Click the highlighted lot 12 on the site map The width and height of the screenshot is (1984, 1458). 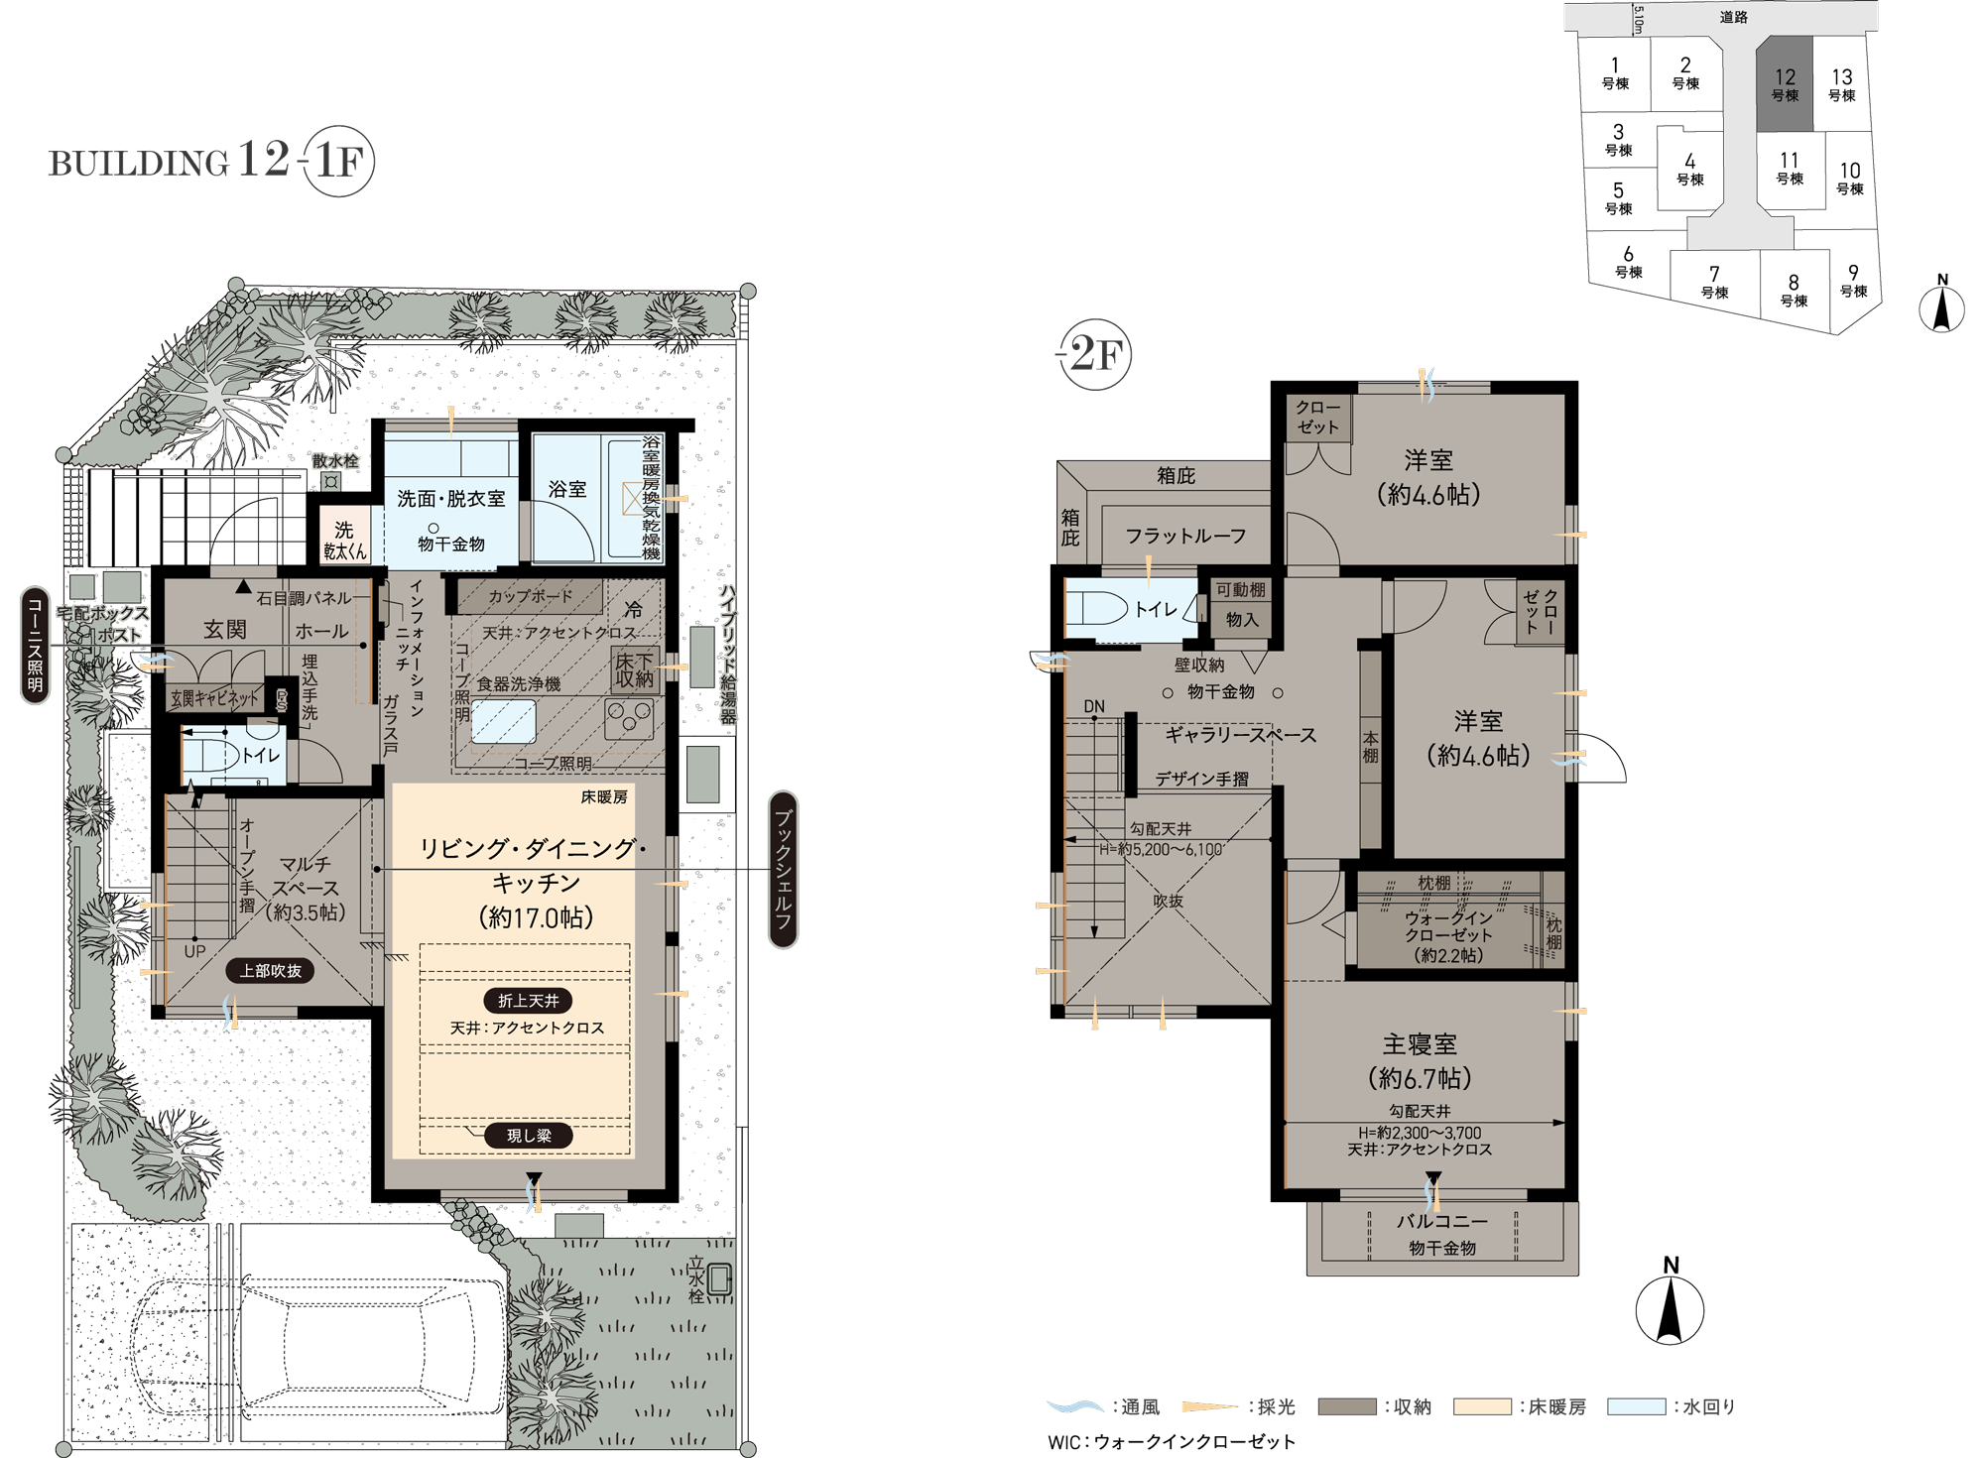(x=1785, y=84)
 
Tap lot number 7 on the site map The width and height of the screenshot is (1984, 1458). (x=1714, y=273)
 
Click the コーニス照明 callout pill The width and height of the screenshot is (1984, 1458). (x=35, y=645)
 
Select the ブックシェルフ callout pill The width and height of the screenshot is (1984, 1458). (x=784, y=869)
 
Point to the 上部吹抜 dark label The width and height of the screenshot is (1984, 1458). (x=270, y=971)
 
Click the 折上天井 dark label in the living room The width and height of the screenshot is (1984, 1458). (x=528, y=1001)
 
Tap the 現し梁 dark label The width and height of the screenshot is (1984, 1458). (x=528, y=1136)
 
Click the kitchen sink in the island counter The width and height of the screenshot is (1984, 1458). (x=503, y=722)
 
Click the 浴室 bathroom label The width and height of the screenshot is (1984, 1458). (x=567, y=489)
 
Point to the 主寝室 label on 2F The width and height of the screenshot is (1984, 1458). (x=1420, y=1044)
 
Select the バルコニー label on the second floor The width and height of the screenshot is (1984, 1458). (x=1442, y=1222)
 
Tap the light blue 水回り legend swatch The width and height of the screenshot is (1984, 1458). (x=1636, y=1406)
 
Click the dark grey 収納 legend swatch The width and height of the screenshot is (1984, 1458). (x=1347, y=1406)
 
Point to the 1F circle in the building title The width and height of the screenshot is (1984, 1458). (x=338, y=162)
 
